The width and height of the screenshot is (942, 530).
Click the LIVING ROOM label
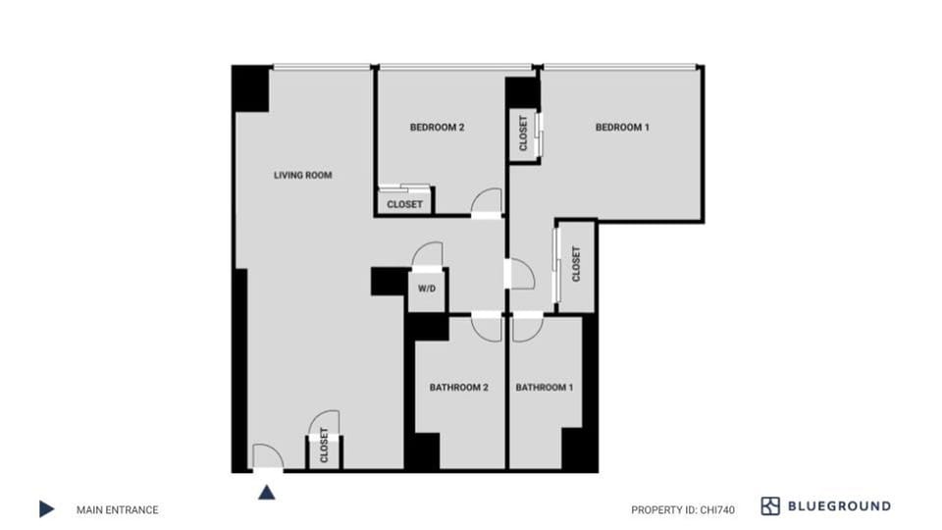coord(302,176)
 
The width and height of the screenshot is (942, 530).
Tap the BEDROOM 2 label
coord(437,128)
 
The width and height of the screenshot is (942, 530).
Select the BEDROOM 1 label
coord(622,128)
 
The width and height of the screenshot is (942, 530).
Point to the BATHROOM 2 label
coord(458,388)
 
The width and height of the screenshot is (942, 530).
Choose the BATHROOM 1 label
coord(545,388)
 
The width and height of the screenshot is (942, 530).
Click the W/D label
coord(427,290)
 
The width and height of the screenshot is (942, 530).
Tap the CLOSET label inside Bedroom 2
coord(404,204)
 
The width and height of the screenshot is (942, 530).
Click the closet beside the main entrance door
coord(325,451)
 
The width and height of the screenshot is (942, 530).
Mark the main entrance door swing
coord(267,456)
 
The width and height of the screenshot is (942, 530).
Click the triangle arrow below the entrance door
coord(266,491)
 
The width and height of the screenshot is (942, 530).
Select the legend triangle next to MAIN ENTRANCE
coord(46,509)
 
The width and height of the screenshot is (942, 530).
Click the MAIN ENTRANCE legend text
coord(117,509)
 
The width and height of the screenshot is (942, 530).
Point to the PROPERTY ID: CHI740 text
coord(682,509)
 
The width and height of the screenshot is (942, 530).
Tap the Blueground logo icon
coord(770,506)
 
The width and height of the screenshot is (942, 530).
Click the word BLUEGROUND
coord(839,506)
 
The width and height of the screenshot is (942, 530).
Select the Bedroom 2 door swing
coord(486,202)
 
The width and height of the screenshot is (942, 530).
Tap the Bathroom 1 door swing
coord(525,328)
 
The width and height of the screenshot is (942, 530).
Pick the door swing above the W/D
coord(428,256)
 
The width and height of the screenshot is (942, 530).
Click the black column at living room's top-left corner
coord(251,87)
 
